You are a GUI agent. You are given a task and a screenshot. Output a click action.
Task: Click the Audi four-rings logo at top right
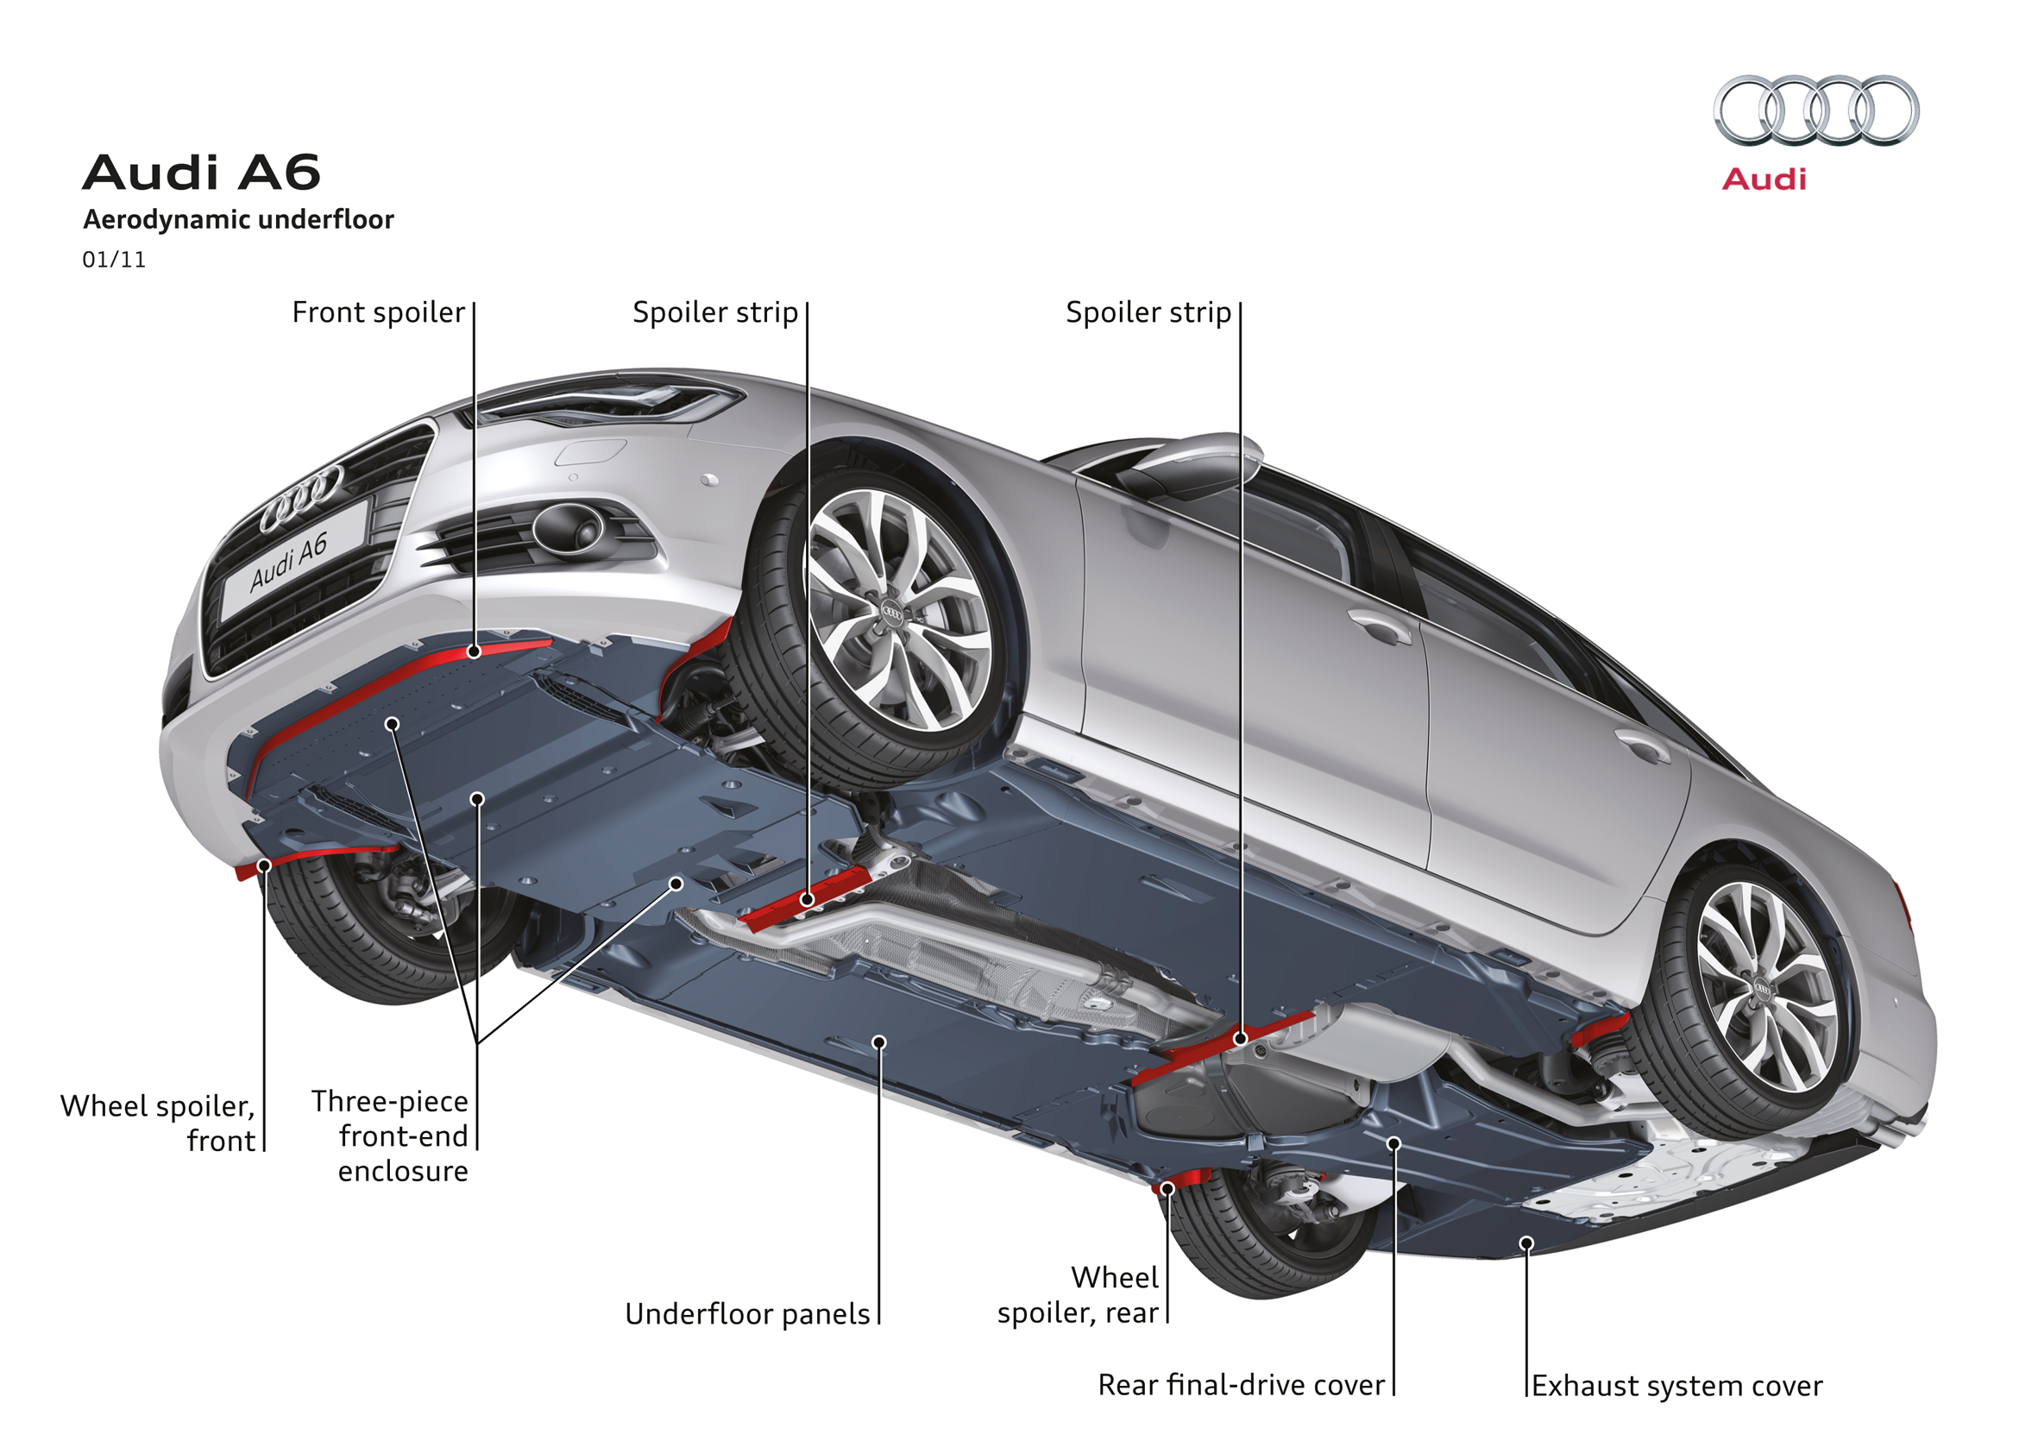tap(1815, 110)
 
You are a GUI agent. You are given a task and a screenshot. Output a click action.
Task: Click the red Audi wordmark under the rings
tap(1763, 179)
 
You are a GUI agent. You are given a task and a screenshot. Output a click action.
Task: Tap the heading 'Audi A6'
tap(202, 173)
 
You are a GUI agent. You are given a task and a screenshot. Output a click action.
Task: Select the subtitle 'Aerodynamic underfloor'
tap(238, 219)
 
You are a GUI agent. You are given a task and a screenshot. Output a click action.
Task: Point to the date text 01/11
tap(114, 260)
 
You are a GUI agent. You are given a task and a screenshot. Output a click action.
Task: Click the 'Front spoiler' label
tap(378, 312)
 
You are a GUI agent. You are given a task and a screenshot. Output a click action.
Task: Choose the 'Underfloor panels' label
tap(747, 1314)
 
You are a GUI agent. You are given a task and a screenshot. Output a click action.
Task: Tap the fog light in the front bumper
tap(568, 528)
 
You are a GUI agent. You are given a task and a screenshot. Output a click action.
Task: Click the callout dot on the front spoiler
tap(474, 651)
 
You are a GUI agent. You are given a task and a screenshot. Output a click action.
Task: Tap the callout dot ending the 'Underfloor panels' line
tap(878, 1042)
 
